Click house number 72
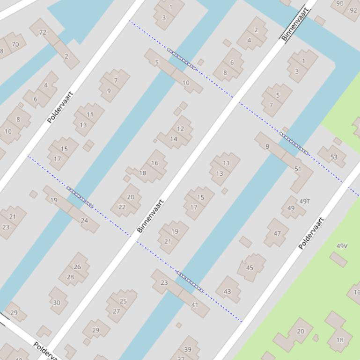tap(43, 32)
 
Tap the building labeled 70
tap(15, 44)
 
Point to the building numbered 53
tap(334, 157)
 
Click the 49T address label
tap(305, 202)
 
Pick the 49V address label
tap(342, 246)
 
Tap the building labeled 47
tap(277, 233)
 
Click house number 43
tap(228, 291)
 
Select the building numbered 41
tap(195, 305)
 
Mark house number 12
tap(180, 129)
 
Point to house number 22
tap(122, 207)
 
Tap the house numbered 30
tap(57, 302)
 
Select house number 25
tap(123, 302)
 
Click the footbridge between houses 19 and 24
tap(80, 197)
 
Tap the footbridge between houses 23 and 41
tap(190, 281)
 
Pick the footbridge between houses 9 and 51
tap(294, 143)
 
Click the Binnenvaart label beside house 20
tap(150, 216)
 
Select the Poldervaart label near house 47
tap(311, 233)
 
